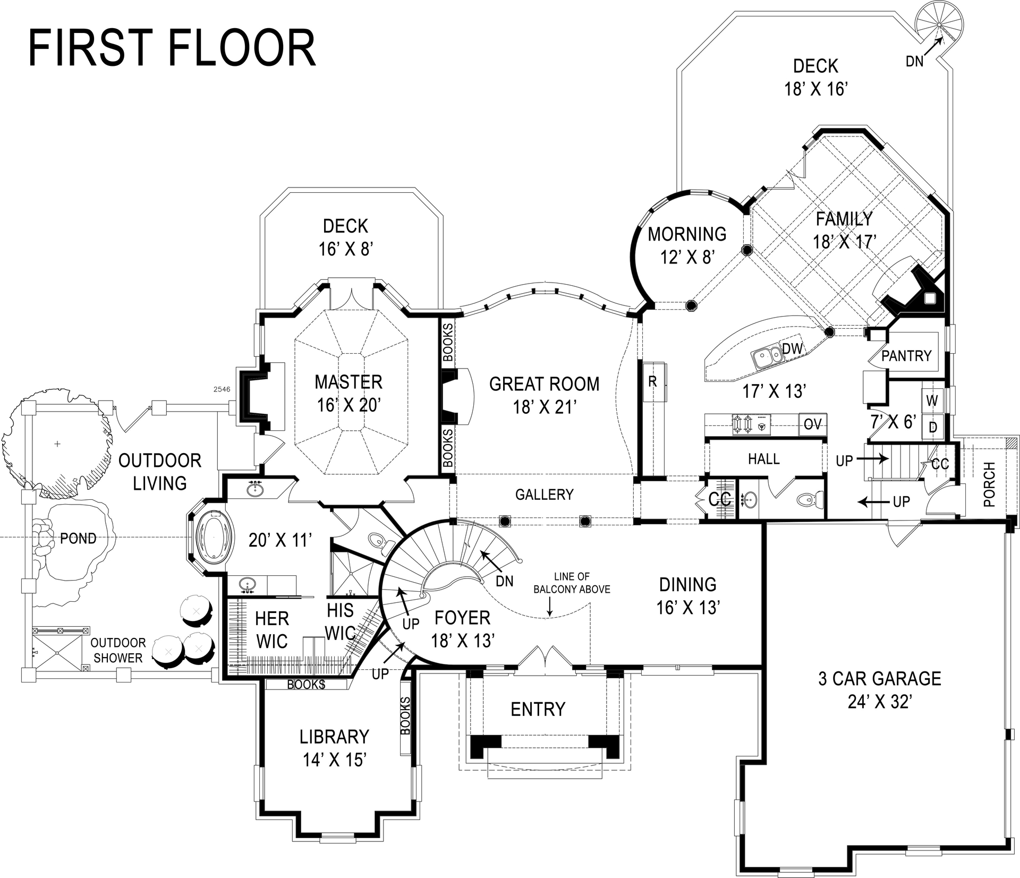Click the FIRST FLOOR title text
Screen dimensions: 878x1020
[172, 48]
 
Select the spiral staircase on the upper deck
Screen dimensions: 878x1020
[939, 24]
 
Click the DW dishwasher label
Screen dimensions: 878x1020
[792, 349]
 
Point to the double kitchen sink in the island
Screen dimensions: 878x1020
[768, 355]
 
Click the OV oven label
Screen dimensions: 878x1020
[813, 424]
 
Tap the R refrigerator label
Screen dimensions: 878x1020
[653, 381]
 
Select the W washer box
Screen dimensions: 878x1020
[932, 401]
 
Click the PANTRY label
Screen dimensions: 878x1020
[906, 355]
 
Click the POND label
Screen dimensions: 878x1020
[78, 539]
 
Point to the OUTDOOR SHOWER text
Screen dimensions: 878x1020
[118, 650]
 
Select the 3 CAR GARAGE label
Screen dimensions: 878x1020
[880, 679]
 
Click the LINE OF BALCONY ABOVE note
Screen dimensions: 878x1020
[572, 583]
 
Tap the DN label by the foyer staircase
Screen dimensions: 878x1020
[504, 581]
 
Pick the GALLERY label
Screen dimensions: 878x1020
[544, 495]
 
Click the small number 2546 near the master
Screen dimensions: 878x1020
[222, 389]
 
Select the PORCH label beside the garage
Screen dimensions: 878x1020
[989, 484]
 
